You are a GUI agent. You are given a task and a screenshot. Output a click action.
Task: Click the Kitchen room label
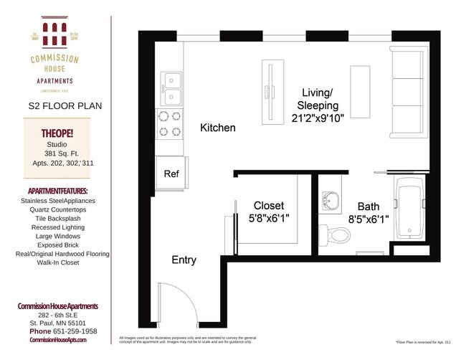[217, 128]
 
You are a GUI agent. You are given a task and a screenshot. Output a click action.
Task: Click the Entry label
[184, 260]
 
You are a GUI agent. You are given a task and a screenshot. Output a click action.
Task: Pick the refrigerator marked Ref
[171, 174]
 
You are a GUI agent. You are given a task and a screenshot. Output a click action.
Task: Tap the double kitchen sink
[171, 89]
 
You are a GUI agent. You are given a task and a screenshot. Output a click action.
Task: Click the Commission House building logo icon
[54, 34]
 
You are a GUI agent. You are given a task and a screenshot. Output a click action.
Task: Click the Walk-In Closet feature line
[59, 262]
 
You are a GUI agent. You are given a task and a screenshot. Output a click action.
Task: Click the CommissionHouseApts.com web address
[57, 340]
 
